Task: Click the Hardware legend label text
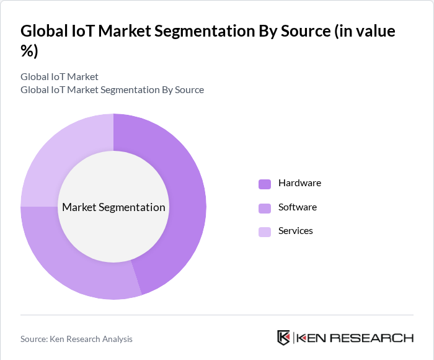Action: point(299,183)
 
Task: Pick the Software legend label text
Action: point(297,207)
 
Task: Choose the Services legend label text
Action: point(295,230)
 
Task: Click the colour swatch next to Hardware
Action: point(265,184)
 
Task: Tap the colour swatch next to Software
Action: point(265,207)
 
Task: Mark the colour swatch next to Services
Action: point(265,232)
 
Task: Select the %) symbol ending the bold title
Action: point(29,51)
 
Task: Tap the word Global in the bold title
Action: point(42,31)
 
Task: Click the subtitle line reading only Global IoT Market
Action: point(60,77)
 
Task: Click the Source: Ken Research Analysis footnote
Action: point(76,339)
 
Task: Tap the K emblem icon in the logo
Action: point(283,338)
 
